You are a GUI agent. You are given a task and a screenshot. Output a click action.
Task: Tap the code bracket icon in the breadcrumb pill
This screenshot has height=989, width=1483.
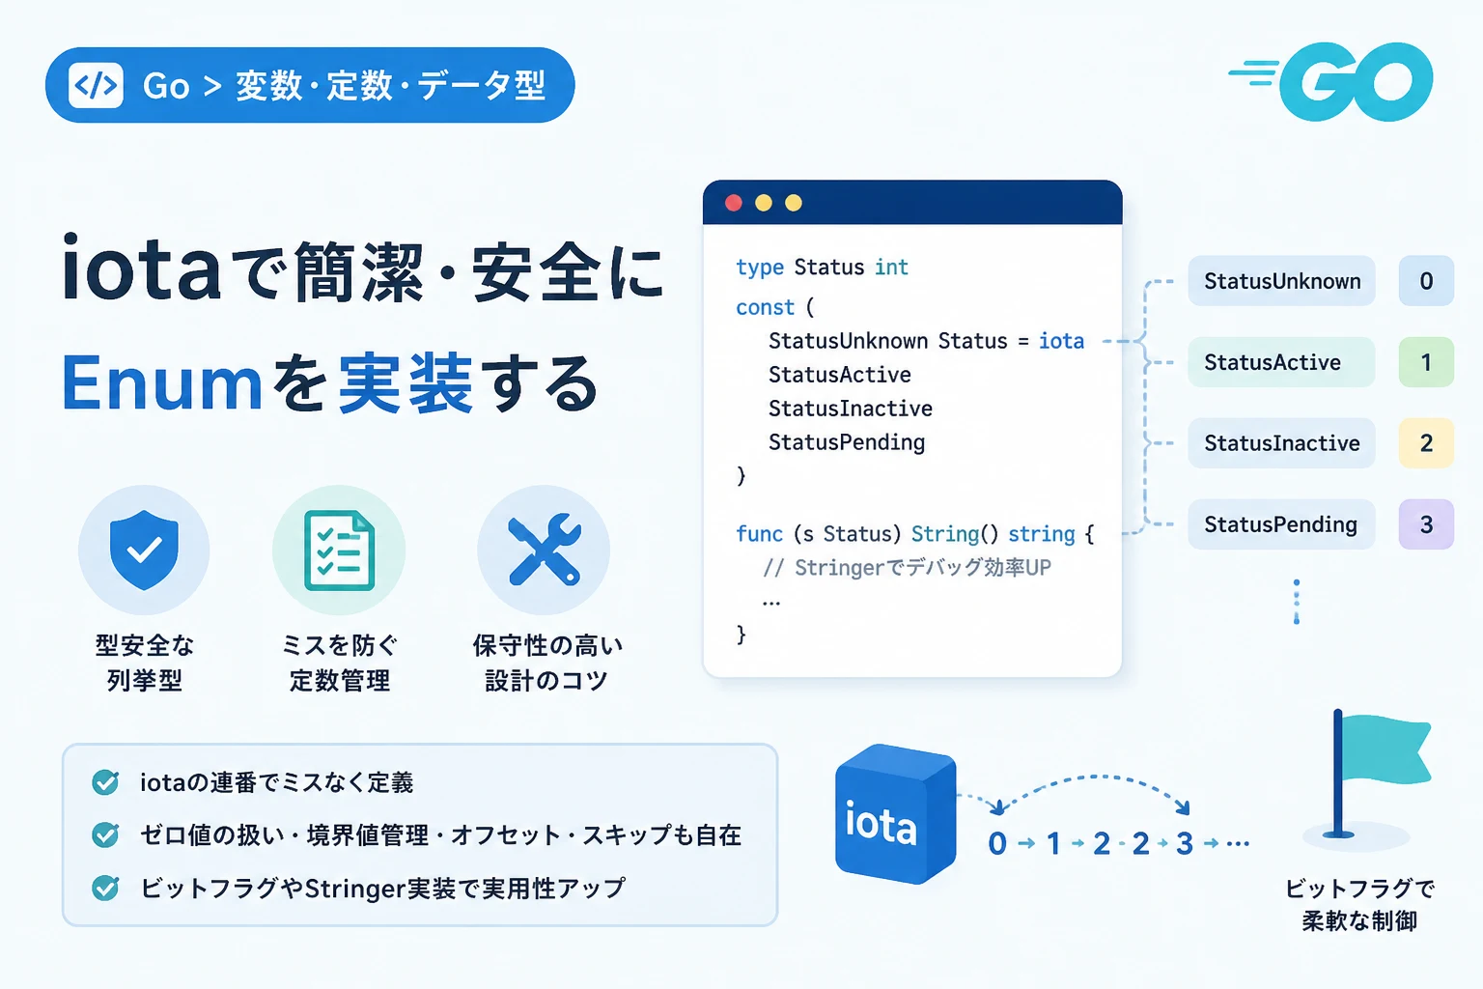(x=96, y=85)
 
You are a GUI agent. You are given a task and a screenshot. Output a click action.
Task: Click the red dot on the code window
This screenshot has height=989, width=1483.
(x=734, y=203)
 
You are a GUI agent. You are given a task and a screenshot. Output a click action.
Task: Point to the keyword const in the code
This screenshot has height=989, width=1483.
(x=765, y=307)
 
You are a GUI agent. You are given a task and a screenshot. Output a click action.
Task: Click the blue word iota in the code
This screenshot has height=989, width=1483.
(x=1061, y=341)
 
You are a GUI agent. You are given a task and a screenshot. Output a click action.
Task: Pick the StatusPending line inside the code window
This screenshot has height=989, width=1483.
(x=847, y=441)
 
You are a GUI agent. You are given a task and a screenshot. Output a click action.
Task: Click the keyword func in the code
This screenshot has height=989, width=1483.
(x=759, y=533)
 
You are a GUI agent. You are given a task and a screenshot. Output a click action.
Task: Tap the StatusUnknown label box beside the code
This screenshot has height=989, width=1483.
(x=1282, y=281)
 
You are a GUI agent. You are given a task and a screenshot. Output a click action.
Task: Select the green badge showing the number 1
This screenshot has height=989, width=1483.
(x=1426, y=362)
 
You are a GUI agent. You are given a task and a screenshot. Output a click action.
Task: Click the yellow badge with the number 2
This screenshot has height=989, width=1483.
(x=1426, y=443)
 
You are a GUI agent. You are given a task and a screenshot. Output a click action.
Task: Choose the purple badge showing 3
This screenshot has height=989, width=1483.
(x=1426, y=524)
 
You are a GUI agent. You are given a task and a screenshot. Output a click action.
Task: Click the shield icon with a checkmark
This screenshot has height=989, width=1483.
(x=144, y=550)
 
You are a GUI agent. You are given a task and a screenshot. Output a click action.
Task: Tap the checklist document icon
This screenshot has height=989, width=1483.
(x=340, y=551)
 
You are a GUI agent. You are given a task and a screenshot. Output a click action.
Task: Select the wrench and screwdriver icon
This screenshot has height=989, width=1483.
(x=545, y=550)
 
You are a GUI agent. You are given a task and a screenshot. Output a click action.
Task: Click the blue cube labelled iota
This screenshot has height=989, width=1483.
(x=895, y=813)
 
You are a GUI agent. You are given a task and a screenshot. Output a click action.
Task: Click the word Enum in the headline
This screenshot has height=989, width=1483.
(x=161, y=382)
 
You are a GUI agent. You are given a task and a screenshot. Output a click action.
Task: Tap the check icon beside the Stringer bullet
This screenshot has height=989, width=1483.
(x=105, y=888)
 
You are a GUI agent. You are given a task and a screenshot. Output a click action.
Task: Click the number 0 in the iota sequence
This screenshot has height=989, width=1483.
(x=997, y=843)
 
